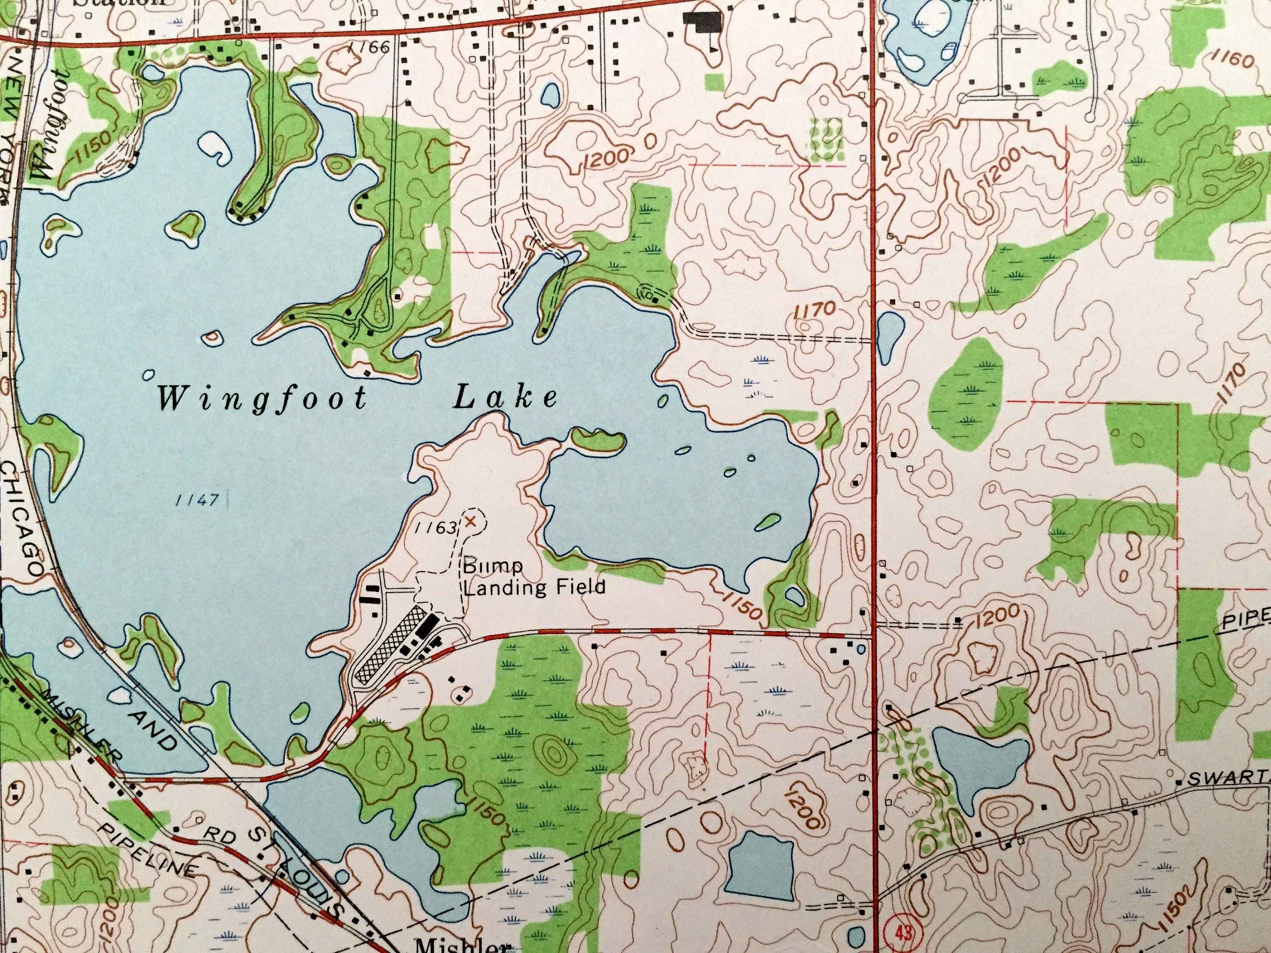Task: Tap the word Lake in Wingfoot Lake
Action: pos(505,398)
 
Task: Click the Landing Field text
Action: pos(534,587)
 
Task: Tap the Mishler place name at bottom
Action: pos(463,945)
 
